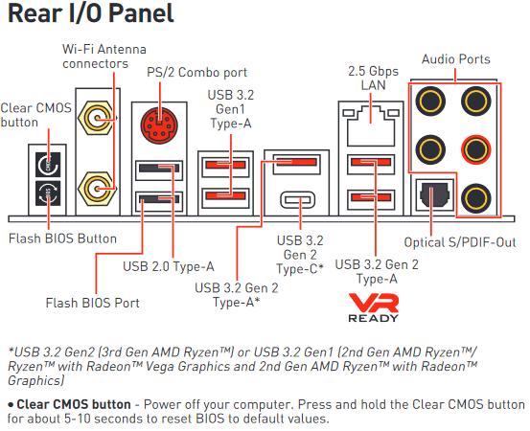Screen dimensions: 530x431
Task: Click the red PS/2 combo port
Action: click(159, 125)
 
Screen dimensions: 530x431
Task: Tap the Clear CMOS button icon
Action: click(48, 165)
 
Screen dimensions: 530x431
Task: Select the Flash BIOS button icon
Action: click(48, 193)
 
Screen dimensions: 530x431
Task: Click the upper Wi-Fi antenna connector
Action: click(97, 118)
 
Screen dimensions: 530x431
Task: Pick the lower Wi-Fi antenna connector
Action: click(97, 189)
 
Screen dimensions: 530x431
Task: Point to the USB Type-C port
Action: click(298, 200)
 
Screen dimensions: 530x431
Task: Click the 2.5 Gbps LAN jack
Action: click(371, 125)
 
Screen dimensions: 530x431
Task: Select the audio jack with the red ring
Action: click(476, 149)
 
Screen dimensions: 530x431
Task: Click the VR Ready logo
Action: click(374, 307)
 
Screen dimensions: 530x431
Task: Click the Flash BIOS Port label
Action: click(92, 303)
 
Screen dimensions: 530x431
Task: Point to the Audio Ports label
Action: click(455, 59)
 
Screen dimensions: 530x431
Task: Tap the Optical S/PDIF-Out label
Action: click(460, 242)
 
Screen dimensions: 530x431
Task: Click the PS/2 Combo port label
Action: click(196, 72)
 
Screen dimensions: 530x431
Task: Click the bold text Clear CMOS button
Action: click(74, 404)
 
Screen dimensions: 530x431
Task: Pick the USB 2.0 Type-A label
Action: click(169, 266)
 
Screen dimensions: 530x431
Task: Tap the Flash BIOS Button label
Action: click(62, 238)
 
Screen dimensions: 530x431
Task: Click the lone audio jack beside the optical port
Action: click(476, 198)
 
